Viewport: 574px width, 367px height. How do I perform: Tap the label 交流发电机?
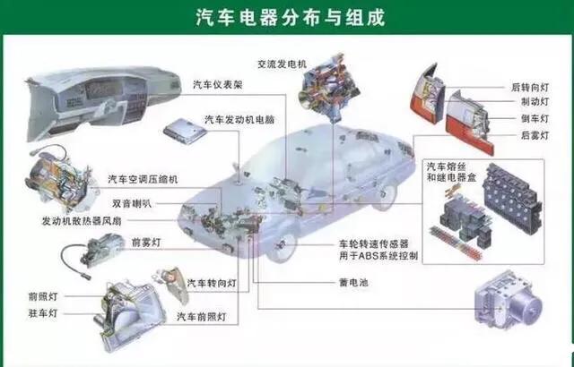pos(282,65)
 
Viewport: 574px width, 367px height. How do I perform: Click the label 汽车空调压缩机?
pos(143,179)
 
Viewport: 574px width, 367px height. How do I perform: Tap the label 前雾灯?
pos(145,243)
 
